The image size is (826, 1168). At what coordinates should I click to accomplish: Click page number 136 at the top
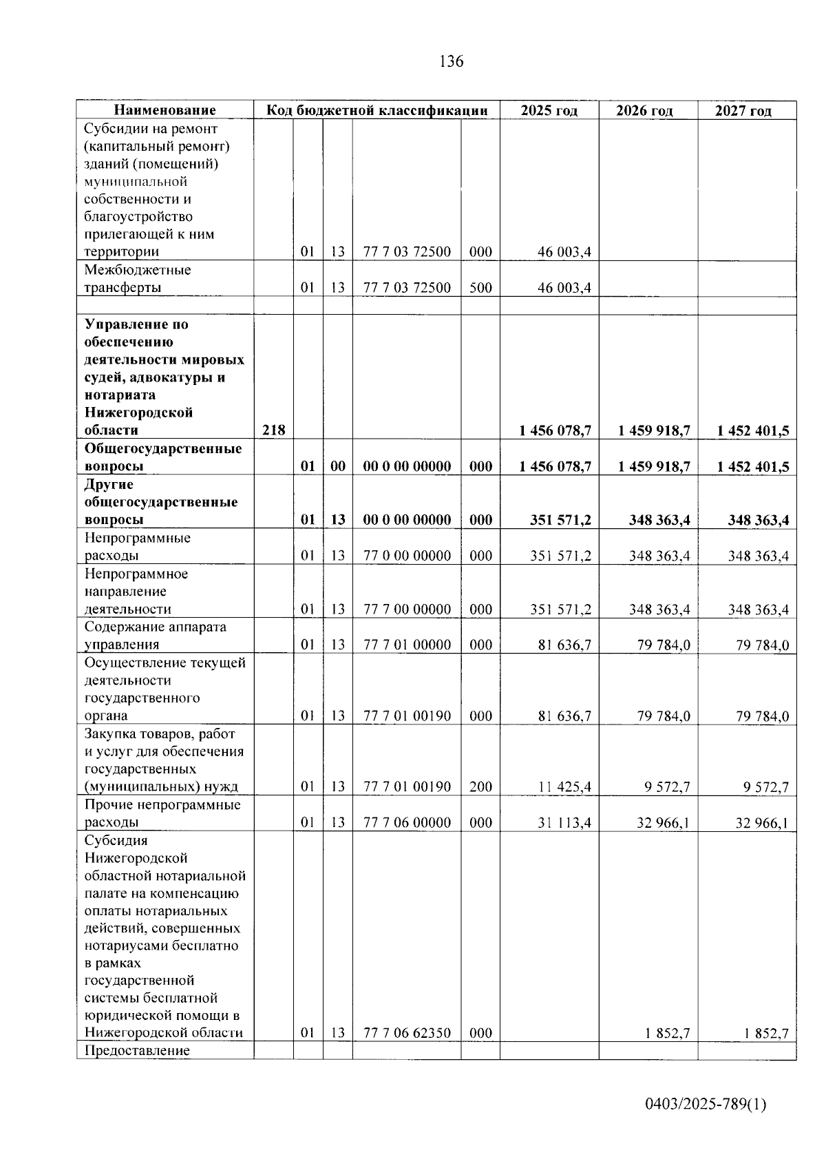tap(452, 61)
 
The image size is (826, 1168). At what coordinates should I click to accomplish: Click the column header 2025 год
tap(549, 111)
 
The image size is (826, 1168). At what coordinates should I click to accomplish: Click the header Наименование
tap(165, 110)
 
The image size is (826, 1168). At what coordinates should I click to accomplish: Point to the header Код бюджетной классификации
tap(377, 110)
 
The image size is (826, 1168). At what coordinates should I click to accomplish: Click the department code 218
tap(273, 430)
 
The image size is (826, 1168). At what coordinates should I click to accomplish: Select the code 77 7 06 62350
tap(407, 1033)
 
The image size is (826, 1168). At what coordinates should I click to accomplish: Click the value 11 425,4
tap(564, 786)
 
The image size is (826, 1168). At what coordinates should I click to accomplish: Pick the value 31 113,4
tap(564, 822)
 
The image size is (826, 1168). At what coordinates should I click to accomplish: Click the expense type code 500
tap(480, 288)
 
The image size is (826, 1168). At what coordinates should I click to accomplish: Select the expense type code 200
tap(480, 786)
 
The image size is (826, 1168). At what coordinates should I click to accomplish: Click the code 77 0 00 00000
tap(407, 556)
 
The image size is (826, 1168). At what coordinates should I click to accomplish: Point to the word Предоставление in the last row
tap(137, 1051)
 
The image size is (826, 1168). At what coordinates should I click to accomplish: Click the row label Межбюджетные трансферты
tap(138, 279)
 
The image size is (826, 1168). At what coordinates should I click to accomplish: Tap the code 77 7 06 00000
tap(407, 822)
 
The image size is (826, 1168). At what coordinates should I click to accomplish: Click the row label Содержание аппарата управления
tap(155, 636)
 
